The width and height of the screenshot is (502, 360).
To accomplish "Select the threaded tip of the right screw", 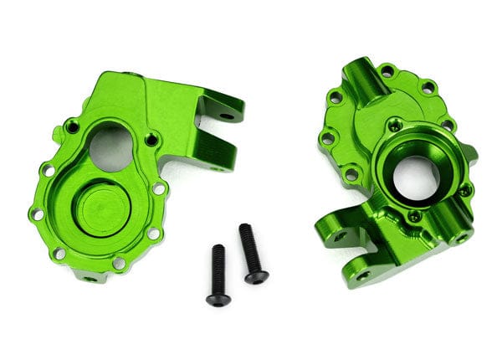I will tap(244, 229).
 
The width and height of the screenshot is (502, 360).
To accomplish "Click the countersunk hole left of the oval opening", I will tap(74, 129).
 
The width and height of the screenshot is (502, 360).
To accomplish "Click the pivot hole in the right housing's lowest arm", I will tap(362, 274).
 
